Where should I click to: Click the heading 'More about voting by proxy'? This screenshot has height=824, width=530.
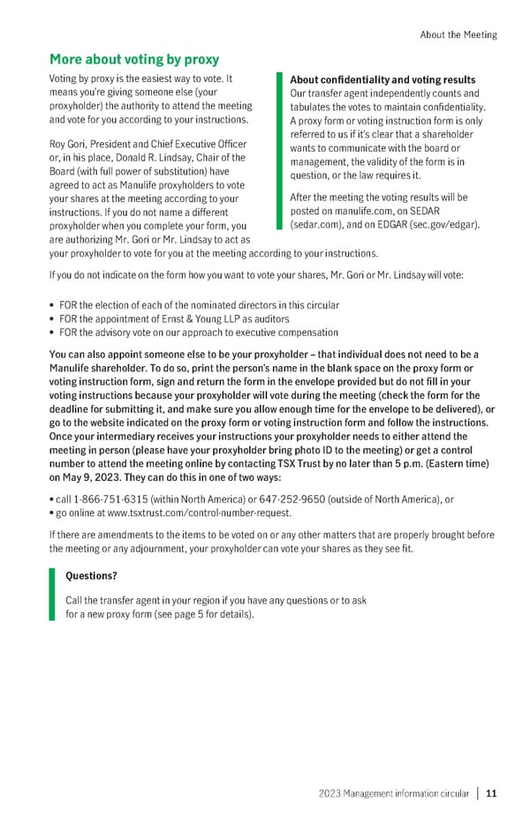pyautogui.click(x=133, y=59)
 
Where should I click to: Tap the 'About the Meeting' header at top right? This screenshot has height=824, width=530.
pyautogui.click(x=458, y=34)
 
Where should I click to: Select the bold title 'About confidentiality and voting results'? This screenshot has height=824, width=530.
pyautogui.click(x=382, y=79)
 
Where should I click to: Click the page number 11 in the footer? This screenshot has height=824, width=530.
pyautogui.click(x=491, y=793)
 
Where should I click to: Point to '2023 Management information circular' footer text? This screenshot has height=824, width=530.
pyautogui.click(x=393, y=793)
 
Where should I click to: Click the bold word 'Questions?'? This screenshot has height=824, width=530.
pyautogui.click(x=91, y=576)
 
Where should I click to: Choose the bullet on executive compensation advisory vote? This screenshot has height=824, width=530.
pyautogui.click(x=199, y=333)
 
